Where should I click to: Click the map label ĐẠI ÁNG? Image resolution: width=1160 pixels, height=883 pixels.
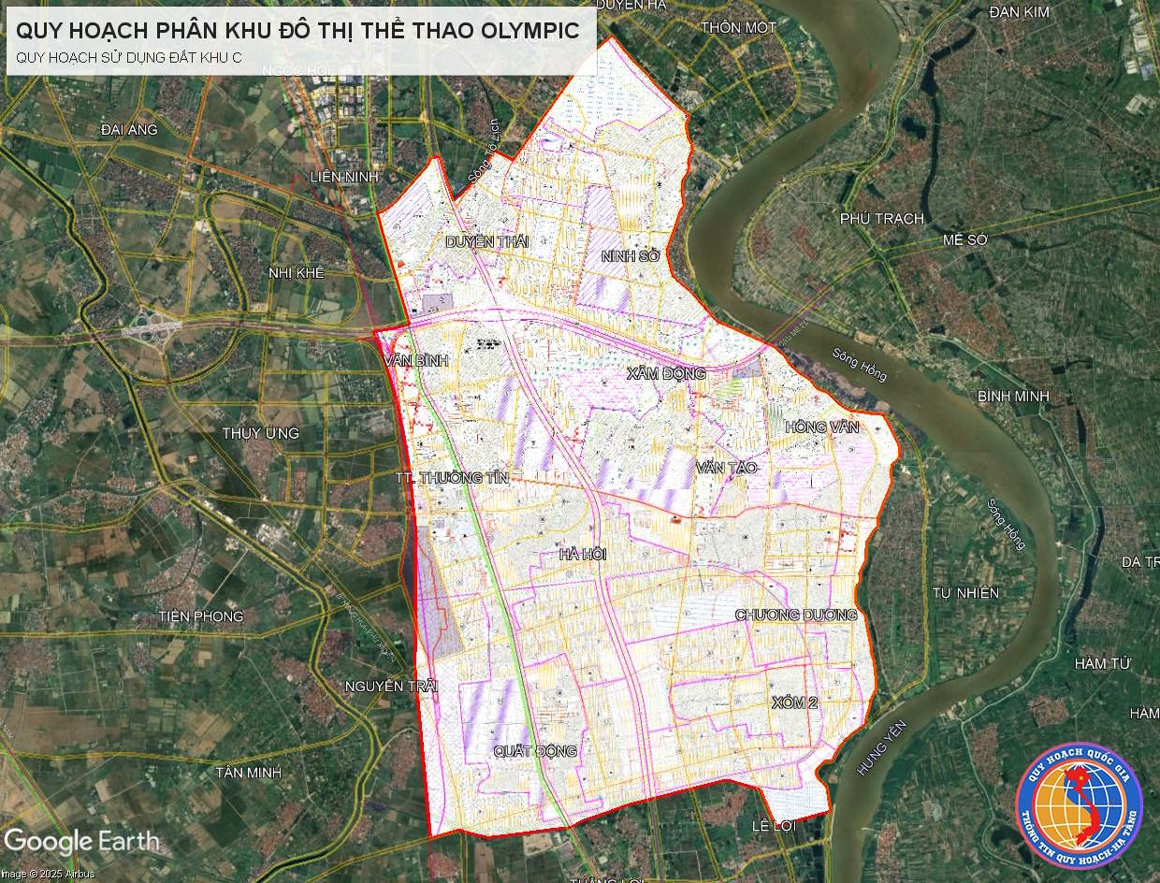click(129, 130)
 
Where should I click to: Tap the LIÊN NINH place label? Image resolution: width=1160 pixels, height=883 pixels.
click(344, 177)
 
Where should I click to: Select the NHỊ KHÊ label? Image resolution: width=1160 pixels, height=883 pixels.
click(296, 273)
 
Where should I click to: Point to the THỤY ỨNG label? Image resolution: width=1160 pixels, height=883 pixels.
click(261, 433)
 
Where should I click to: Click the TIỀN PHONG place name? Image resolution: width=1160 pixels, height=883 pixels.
click(201, 616)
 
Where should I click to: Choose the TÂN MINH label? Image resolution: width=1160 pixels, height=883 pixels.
click(249, 773)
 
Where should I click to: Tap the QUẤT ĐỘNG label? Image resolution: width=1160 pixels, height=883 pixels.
click(536, 751)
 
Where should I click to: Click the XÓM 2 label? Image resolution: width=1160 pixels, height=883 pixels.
click(796, 702)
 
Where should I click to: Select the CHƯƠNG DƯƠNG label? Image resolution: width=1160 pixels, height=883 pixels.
click(796, 615)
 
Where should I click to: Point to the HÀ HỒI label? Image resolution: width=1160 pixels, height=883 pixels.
click(583, 554)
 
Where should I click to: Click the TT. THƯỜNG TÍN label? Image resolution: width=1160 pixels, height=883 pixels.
click(452, 478)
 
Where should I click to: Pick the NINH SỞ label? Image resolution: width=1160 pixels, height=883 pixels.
click(631, 254)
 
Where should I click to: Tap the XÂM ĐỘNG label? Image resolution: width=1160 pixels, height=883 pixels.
click(666, 373)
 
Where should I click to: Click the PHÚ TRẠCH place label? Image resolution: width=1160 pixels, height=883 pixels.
click(881, 219)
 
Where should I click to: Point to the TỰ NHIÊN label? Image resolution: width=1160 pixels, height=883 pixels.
click(966, 593)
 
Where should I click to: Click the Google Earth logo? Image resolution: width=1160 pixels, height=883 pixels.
click(80, 841)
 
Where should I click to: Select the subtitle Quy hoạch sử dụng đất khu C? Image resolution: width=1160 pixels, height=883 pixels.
click(129, 57)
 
